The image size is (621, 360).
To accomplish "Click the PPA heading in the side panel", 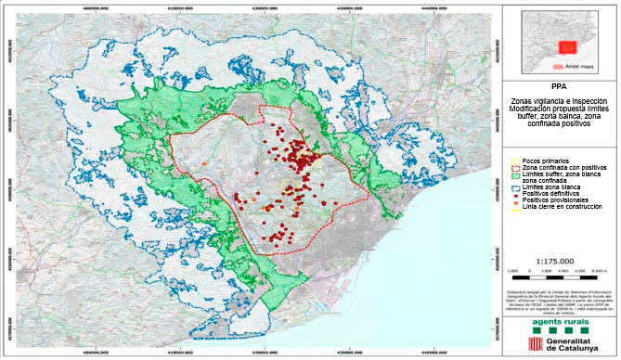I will (559, 88).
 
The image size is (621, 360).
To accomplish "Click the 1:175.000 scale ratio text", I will (559, 262).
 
